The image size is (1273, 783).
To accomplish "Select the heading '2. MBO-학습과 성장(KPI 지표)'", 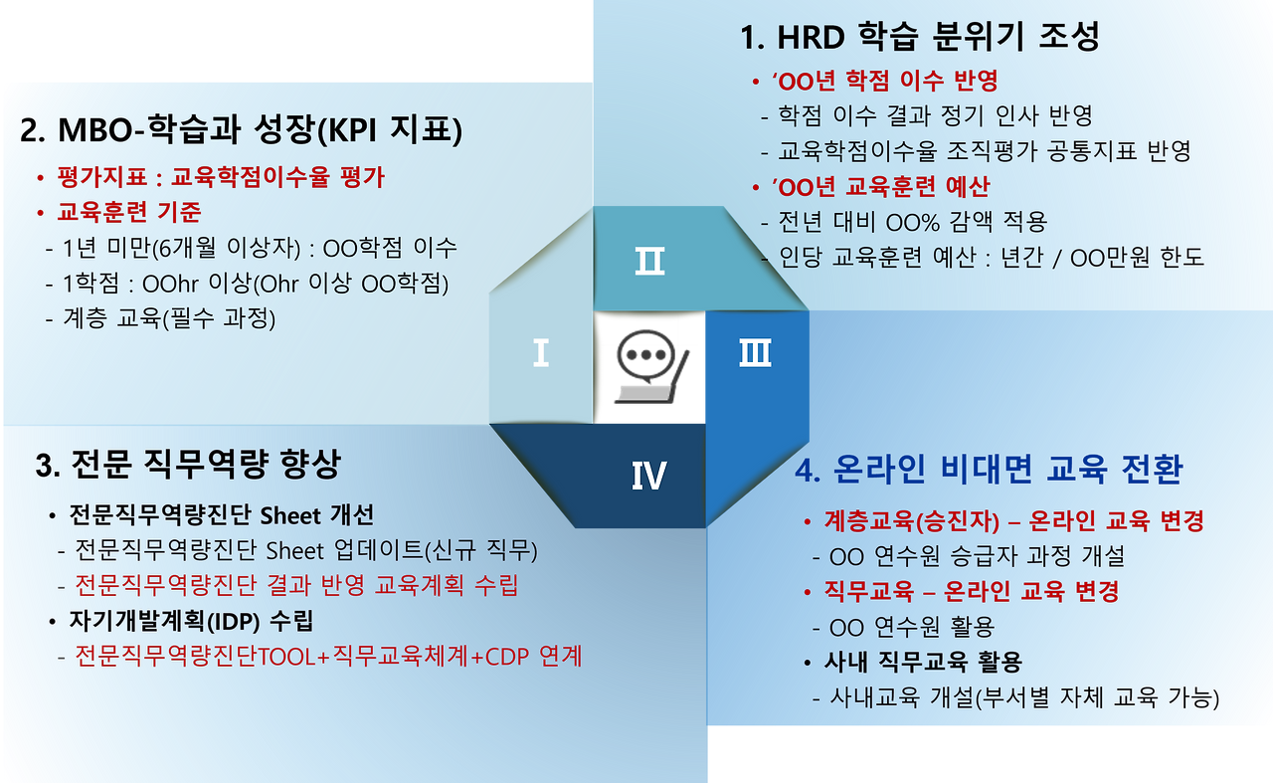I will (241, 130).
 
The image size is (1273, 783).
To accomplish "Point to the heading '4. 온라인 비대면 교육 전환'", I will (989, 470).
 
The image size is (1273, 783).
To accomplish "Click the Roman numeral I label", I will (540, 353).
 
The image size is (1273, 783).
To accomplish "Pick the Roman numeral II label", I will (649, 262).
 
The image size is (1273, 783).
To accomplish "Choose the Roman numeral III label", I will (755, 353).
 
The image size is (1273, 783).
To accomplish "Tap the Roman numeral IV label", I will (648, 476).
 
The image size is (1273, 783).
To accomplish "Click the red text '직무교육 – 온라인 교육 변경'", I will (972, 591).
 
